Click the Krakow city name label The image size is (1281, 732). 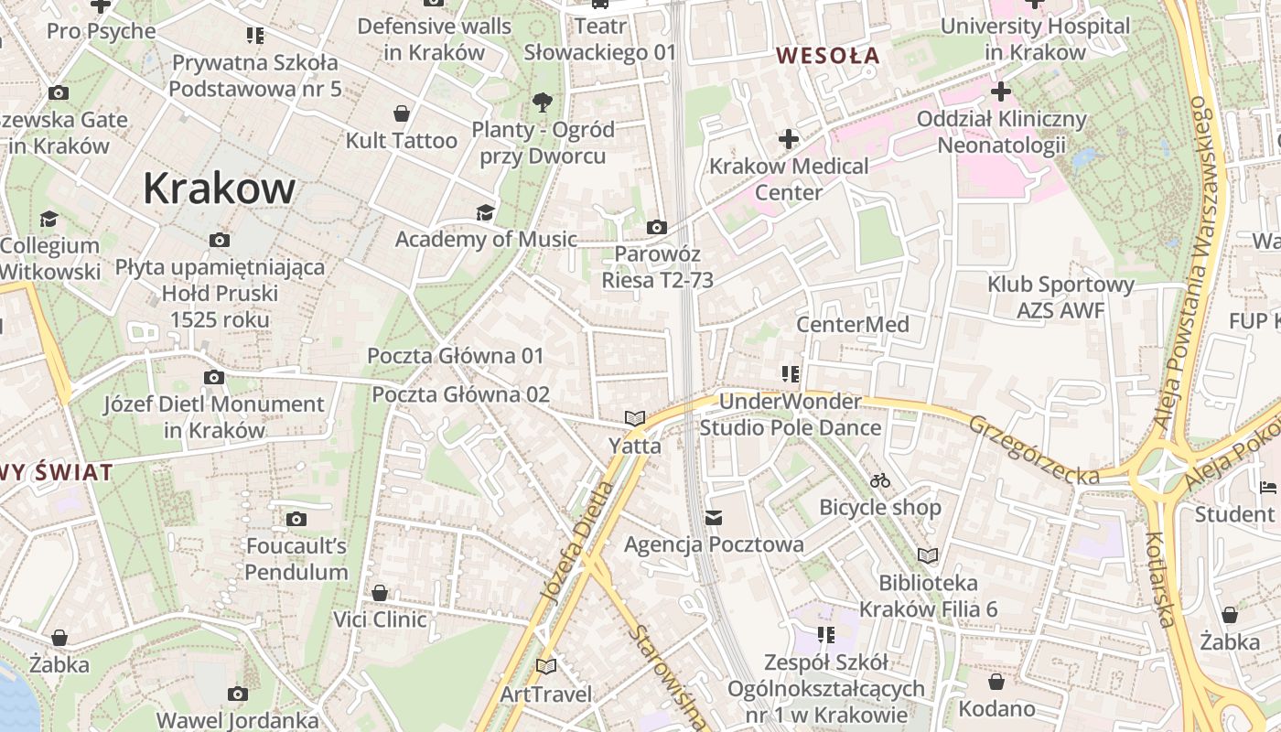coord(219,188)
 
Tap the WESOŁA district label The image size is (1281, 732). coord(827,56)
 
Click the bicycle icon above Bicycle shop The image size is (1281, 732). coord(880,480)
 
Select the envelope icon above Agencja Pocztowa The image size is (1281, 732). coord(714,518)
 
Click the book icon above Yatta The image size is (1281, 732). coord(635,418)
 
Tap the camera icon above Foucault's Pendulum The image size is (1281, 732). coord(296,520)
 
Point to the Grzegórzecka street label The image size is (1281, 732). coord(1034,449)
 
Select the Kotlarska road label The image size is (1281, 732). coord(1159,580)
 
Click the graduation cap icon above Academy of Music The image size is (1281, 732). coord(485,213)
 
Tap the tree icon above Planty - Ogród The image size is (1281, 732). coord(543,101)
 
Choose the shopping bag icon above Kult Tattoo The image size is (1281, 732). coord(401,113)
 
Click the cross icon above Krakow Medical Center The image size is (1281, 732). coord(788,140)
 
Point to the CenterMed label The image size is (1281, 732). coord(852,325)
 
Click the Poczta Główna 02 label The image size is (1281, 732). coord(460,394)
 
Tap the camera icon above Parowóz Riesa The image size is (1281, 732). coord(656,227)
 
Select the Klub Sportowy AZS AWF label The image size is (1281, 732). coord(1060,297)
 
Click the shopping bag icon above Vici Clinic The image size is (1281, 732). coord(379,593)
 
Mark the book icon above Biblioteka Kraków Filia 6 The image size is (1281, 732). coord(928,555)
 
